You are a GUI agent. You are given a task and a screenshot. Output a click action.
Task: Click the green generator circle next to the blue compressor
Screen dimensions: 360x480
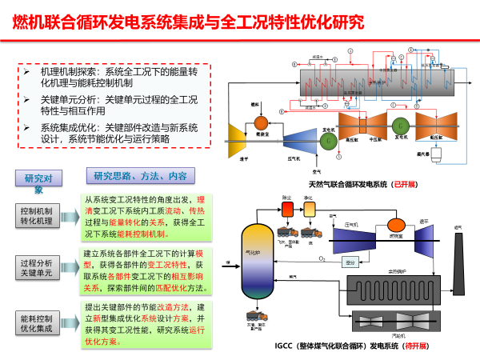tap(328, 139)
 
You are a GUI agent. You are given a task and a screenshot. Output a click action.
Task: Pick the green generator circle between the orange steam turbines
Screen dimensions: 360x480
tap(398, 126)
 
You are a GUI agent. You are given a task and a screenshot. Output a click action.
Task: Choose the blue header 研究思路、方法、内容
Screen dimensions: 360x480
tap(141, 177)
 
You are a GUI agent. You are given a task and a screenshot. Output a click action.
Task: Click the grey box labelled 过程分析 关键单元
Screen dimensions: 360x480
tap(36, 266)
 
